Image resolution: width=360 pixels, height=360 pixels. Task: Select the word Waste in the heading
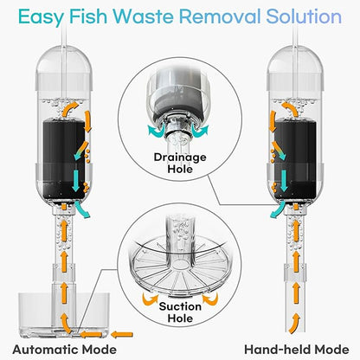click(x=151, y=16)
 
